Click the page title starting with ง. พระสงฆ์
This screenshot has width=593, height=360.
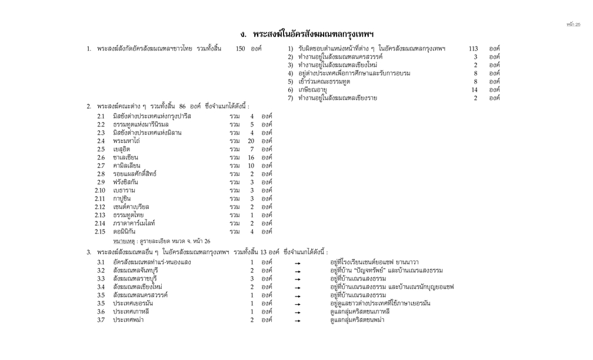click(x=307, y=34)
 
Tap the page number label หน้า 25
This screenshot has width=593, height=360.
click(x=573, y=25)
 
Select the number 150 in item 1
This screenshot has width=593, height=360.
click(x=240, y=48)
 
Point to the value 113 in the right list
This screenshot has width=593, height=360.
click(x=473, y=48)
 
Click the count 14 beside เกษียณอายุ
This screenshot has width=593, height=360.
click(x=475, y=89)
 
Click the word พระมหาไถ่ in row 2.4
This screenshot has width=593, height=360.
click(x=126, y=141)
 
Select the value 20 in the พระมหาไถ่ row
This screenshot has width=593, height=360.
click(x=251, y=141)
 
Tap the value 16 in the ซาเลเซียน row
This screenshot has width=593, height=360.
click(x=251, y=158)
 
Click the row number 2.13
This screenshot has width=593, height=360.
click(x=100, y=215)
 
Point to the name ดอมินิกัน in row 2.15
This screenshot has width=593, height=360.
click(x=128, y=232)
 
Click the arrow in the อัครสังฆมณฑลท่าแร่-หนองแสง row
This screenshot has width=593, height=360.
click(x=298, y=262)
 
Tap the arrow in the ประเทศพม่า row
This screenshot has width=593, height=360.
click(x=298, y=321)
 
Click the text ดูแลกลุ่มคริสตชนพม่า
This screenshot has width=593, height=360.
click(x=358, y=320)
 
